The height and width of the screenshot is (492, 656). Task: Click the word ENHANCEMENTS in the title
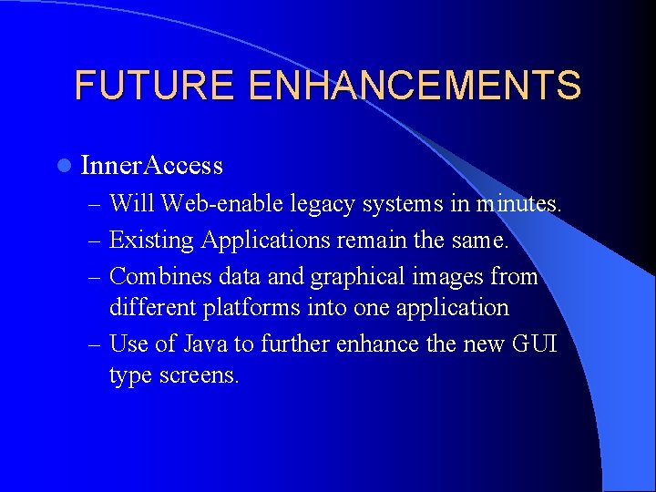point(414,86)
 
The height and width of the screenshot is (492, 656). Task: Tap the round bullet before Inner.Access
point(62,166)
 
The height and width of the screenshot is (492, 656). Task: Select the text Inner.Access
point(151,166)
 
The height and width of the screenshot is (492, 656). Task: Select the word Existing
point(151,241)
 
